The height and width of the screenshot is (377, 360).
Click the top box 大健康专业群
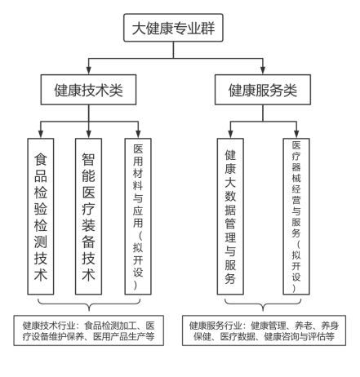[x=173, y=28]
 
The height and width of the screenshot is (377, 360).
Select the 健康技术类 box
[x=88, y=90]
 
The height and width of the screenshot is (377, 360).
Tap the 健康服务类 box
[x=263, y=90]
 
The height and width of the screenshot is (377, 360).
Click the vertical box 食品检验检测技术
[x=41, y=216]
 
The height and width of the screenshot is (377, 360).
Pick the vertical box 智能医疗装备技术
[x=88, y=216]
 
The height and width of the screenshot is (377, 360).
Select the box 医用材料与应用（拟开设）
[x=138, y=216]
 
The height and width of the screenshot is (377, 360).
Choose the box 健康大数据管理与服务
[x=230, y=216]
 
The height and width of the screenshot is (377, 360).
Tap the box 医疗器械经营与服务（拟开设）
[x=296, y=216]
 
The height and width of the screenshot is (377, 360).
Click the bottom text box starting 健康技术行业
[x=89, y=330]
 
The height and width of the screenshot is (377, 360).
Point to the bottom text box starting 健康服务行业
[x=264, y=330]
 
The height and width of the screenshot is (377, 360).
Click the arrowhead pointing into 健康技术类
[x=88, y=70]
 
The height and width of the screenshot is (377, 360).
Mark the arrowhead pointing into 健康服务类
[x=263, y=70]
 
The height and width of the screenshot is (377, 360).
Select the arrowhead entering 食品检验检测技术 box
[x=41, y=134]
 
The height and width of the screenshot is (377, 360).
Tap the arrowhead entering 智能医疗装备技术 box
[x=88, y=134]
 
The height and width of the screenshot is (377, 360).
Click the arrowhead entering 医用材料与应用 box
[x=138, y=134]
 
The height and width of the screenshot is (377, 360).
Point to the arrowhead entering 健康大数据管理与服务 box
[x=230, y=134]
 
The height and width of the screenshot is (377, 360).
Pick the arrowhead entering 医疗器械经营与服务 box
[x=296, y=134]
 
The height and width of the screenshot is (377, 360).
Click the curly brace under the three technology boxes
[x=89, y=304]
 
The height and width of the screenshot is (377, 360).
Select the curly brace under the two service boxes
[x=263, y=304]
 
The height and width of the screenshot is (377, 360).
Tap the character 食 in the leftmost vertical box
[x=41, y=159]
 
